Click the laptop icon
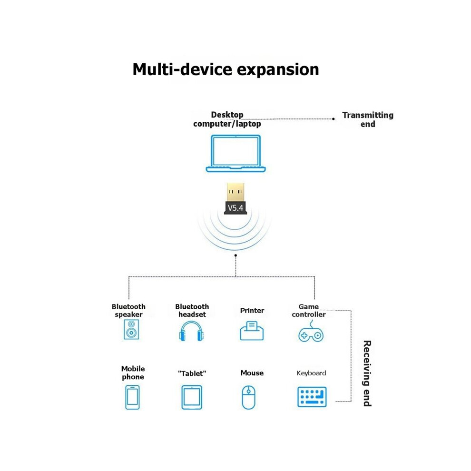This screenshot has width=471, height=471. click(236, 165)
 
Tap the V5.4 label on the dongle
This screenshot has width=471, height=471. click(235, 208)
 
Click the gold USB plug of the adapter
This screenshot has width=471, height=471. click(235, 192)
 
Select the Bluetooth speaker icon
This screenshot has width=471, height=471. click(131, 330)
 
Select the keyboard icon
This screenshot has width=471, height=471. click(312, 397)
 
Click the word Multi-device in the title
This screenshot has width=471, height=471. click(182, 69)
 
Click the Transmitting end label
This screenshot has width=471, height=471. click(368, 119)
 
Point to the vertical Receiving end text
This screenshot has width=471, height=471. click(367, 373)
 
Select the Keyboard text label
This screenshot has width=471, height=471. click(311, 373)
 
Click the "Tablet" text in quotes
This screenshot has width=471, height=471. click(192, 373)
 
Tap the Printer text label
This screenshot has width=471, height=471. click(252, 310)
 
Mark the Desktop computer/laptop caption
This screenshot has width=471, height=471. click(227, 119)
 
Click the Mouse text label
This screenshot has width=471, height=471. click(252, 373)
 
